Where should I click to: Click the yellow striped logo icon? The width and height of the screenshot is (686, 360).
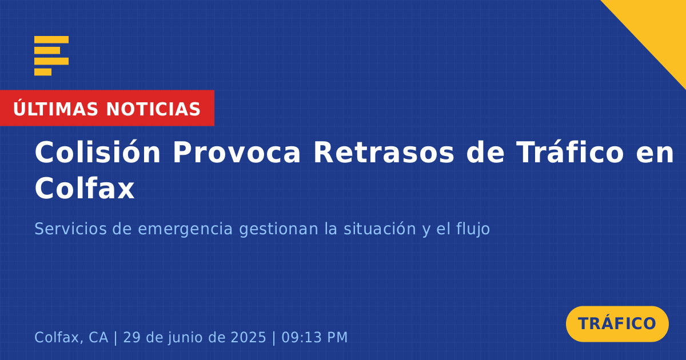tap(51, 56)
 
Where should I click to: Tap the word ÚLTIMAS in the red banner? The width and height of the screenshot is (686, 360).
tap(55, 109)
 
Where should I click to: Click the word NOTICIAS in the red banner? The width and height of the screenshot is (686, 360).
tap(153, 109)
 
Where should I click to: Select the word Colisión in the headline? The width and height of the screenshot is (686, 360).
tap(97, 152)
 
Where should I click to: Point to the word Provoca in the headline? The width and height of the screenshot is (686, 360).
tap(237, 153)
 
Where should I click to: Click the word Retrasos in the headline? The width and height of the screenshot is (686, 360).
tap(384, 153)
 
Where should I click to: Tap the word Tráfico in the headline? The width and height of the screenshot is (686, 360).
tap(569, 152)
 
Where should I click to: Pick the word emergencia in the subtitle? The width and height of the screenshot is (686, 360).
tap(185, 230)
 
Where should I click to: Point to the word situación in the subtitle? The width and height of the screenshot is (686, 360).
tap(380, 229)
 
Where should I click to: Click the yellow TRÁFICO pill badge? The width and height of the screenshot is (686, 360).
tap(617, 324)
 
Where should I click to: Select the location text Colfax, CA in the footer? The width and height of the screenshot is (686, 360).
tap(71, 338)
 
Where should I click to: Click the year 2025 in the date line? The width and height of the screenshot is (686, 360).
tap(248, 337)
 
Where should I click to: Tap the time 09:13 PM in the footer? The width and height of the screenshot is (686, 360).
tap(314, 337)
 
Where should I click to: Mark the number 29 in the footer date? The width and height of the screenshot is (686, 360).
tap(131, 337)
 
